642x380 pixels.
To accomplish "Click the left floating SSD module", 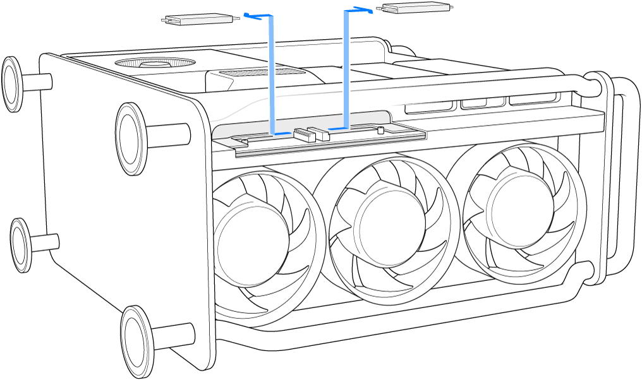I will tap(200, 20).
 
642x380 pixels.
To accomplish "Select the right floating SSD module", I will tap(415, 8).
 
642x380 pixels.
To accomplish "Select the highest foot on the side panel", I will tap(13, 83).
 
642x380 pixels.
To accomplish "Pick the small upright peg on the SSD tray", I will tap(380, 131).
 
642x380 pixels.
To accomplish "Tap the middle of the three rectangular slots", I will tap(483, 102).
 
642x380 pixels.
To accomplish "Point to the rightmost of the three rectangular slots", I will tap(533, 98).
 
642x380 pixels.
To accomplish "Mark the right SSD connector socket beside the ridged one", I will tap(321, 133).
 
